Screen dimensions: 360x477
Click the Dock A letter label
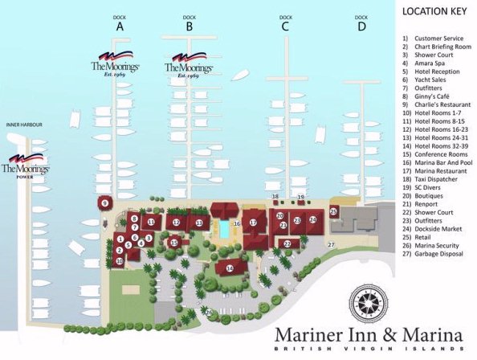click(120, 27)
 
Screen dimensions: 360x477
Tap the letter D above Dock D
click(361, 27)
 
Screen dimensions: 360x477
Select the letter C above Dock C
click(285, 27)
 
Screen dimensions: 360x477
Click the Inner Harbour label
click(23, 125)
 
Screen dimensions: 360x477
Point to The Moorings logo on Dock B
click(189, 65)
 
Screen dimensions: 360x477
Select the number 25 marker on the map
click(333, 211)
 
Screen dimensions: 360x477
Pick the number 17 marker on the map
click(253, 223)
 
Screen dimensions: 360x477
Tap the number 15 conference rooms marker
click(173, 242)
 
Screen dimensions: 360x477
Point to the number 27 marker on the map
click(330, 243)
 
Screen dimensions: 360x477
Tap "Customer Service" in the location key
click(438, 38)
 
